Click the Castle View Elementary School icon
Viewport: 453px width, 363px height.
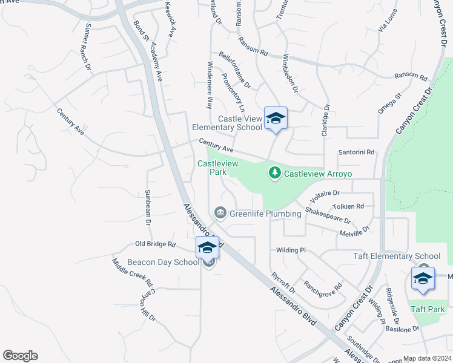tap(275, 119)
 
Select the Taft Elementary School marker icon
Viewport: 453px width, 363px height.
tap(423, 278)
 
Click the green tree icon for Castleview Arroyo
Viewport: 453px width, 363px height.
tap(275, 173)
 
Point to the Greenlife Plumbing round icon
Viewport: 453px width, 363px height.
tap(220, 212)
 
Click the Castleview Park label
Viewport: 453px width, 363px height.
tap(210, 168)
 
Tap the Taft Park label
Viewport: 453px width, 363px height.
tap(428, 309)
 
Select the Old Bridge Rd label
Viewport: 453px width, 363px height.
tap(155, 244)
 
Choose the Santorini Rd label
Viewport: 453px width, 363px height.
tap(357, 152)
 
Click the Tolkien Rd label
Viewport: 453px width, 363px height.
tap(351, 206)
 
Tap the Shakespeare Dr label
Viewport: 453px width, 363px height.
tap(328, 215)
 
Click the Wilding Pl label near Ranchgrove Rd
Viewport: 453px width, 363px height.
tap(291, 250)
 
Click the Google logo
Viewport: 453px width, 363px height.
tap(20, 356)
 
